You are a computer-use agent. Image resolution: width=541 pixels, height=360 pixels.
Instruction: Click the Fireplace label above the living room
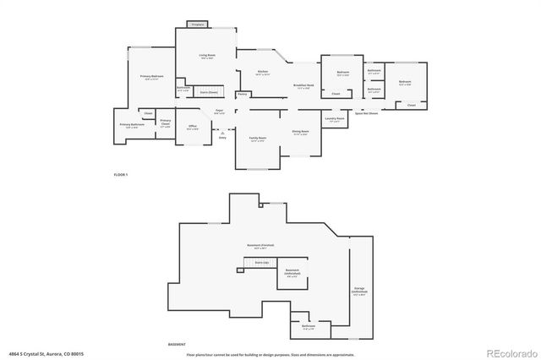tap(197, 25)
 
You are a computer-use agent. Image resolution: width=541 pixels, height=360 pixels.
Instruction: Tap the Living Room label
tap(205, 56)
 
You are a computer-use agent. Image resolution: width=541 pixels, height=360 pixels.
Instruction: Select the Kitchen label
tap(263, 72)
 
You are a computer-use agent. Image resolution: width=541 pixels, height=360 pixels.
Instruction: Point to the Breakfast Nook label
tap(303, 85)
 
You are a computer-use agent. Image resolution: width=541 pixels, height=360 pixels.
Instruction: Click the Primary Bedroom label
tap(151, 77)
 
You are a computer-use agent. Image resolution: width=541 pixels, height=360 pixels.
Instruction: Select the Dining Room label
tap(301, 132)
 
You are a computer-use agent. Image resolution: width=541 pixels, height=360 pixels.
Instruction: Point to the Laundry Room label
tap(335, 119)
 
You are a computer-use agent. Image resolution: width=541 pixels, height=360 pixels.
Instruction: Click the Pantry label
tap(242, 95)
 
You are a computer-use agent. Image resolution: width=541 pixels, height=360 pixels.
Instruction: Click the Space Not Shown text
tap(365, 113)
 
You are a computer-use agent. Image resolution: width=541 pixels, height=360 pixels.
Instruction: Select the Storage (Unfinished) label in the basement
tap(360, 292)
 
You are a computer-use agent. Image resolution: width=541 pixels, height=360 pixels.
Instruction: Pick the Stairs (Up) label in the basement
tap(261, 263)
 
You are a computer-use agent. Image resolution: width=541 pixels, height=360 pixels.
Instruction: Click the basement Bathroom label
tap(309, 326)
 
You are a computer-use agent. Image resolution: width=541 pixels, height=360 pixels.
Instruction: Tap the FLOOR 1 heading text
tap(120, 174)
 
